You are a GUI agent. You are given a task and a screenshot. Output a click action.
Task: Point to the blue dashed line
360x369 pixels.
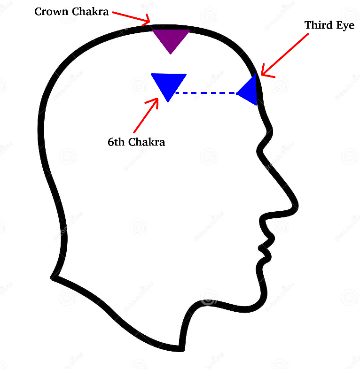pyautogui.click(x=205, y=93)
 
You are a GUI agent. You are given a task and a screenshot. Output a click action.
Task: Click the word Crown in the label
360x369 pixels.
pyautogui.click(x=51, y=12)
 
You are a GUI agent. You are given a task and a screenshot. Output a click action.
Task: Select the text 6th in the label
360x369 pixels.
pyautogui.click(x=116, y=142)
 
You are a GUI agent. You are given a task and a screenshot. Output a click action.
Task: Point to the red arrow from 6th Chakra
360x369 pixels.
pyautogui.click(x=146, y=115)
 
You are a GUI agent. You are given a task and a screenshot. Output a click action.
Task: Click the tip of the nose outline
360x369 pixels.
pyautogui.click(x=295, y=205)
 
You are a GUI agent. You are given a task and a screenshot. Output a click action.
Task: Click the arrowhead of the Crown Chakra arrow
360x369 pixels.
pyautogui.click(x=148, y=21)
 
